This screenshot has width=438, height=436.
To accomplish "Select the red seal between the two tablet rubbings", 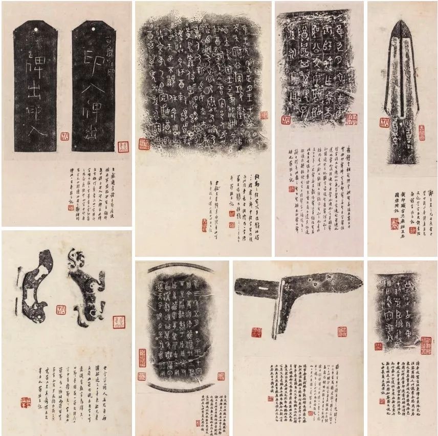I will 64,137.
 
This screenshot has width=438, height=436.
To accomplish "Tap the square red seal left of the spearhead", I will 384,122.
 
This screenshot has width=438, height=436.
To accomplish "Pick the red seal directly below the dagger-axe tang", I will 256,332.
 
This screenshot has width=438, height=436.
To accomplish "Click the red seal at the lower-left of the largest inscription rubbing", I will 144,144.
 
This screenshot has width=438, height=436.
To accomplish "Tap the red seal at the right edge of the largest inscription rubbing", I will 264,115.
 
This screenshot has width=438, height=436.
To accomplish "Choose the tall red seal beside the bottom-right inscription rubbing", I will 426,345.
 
